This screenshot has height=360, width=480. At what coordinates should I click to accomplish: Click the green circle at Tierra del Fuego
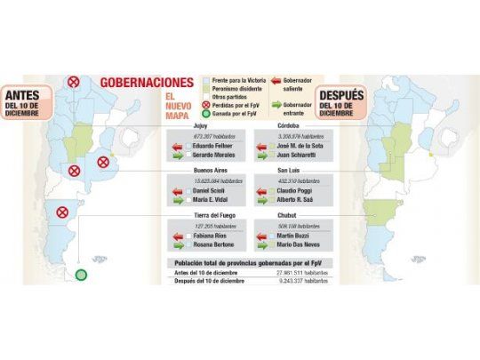click(81, 275)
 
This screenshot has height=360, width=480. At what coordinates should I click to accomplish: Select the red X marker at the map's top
click(74, 83)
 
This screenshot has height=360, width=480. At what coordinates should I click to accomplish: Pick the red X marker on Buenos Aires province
click(103, 162)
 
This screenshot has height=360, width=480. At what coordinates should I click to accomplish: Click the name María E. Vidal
click(212, 203)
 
